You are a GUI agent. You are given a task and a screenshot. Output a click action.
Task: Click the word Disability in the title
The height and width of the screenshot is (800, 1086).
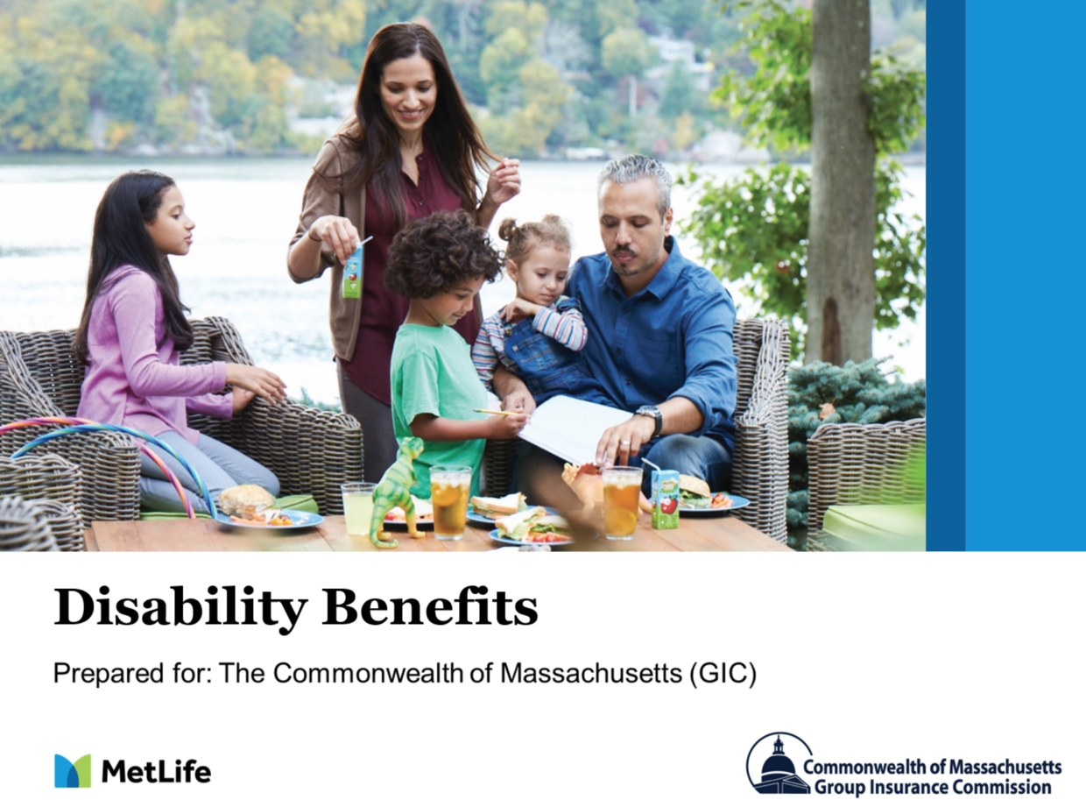click(180, 608)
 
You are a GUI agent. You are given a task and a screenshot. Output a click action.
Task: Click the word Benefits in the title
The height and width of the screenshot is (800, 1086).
click(429, 606)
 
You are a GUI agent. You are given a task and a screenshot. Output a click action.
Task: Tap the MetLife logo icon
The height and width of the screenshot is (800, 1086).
click(73, 771)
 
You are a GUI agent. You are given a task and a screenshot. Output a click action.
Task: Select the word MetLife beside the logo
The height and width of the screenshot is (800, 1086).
click(156, 771)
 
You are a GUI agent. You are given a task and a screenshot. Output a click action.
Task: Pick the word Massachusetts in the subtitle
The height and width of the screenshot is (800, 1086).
click(591, 673)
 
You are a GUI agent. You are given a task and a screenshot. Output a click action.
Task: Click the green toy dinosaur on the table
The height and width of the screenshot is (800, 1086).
click(396, 493)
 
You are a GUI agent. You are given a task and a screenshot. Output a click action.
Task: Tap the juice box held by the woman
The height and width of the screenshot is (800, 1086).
click(353, 271)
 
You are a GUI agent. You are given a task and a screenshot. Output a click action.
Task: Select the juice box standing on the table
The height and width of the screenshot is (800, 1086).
click(664, 499)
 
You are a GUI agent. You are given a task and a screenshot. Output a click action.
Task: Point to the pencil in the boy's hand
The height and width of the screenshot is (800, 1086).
click(496, 413)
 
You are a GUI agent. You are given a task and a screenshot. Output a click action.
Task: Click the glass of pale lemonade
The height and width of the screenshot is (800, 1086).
click(358, 508)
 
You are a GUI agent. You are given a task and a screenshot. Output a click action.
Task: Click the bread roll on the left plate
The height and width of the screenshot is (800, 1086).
click(246, 499)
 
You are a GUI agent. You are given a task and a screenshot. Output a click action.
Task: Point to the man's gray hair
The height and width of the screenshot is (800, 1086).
click(635, 177)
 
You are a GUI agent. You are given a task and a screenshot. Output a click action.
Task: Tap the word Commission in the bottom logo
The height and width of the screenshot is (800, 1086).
click(1003, 786)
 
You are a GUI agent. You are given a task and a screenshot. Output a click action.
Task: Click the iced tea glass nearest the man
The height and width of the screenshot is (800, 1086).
click(622, 503)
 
